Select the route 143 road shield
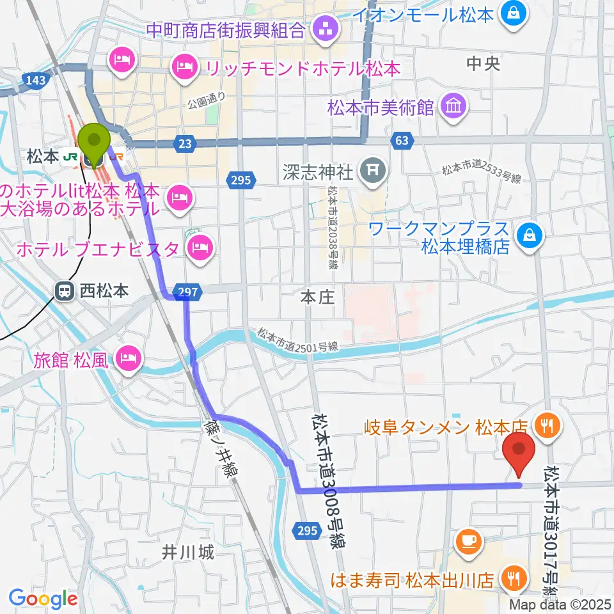point(37,79)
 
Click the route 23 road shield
point(185,145)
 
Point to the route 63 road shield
point(401,141)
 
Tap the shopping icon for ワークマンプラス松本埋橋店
point(531,237)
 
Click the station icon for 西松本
point(65,291)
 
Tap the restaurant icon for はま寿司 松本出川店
point(513,579)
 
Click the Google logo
point(43,599)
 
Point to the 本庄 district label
point(318,297)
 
